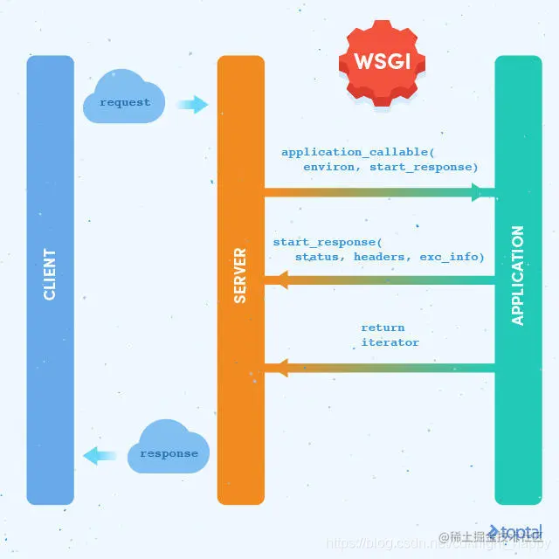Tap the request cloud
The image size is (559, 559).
124,102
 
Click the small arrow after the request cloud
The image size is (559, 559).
193,105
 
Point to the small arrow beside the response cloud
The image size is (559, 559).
100,455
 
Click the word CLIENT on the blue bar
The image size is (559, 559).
50,274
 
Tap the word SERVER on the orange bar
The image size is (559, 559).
240,276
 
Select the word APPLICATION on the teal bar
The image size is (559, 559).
518,275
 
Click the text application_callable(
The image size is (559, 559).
351,152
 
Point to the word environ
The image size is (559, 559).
332,166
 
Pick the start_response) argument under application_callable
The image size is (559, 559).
424,166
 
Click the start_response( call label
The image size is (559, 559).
327,242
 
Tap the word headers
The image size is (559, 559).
379,257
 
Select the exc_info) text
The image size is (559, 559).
452,257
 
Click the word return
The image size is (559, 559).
383,328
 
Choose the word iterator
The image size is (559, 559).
390,342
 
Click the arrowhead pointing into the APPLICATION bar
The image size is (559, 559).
478,192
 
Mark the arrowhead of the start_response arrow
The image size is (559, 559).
282,279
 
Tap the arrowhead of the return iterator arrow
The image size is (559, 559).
282,367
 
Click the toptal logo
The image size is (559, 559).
517,532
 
